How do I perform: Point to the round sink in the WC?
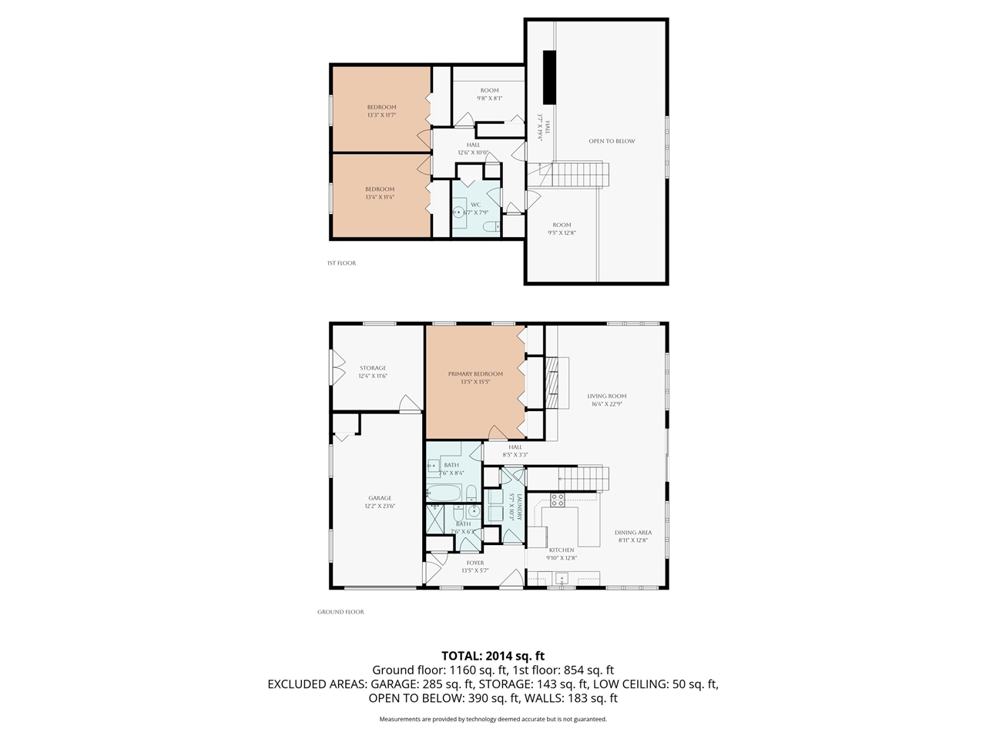click(460, 212)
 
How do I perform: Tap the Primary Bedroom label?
click(475, 374)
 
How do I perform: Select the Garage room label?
click(379, 498)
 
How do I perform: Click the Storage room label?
click(372, 368)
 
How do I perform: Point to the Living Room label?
click(606, 396)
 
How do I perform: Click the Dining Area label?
click(633, 533)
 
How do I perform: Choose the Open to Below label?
click(612, 141)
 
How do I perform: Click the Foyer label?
click(475, 563)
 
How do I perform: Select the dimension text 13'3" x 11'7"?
click(381, 115)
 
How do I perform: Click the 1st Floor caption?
click(341, 263)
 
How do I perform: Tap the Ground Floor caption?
click(340, 612)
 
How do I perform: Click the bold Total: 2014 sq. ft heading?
click(492, 656)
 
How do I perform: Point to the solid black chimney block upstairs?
click(549, 76)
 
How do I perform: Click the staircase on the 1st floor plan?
click(580, 174)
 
